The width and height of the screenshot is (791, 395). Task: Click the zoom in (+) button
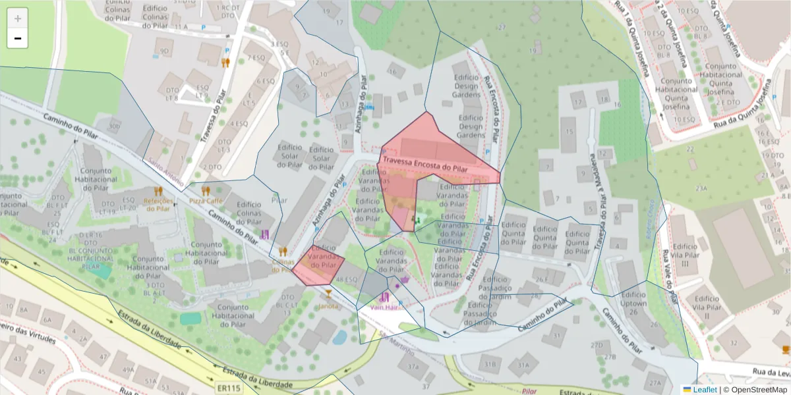pyautogui.click(x=18, y=18)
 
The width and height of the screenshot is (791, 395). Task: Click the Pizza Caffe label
pyautogui.click(x=206, y=199)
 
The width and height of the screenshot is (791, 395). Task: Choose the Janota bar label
pyautogui.click(x=328, y=306)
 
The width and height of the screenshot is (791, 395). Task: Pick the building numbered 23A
pyautogui.click(x=700, y=188)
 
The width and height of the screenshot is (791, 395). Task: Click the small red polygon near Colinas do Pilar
pyautogui.click(x=318, y=264)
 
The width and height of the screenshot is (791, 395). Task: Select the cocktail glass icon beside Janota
pyautogui.click(x=328, y=293)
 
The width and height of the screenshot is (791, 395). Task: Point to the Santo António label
pyautogui.click(x=165, y=170)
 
